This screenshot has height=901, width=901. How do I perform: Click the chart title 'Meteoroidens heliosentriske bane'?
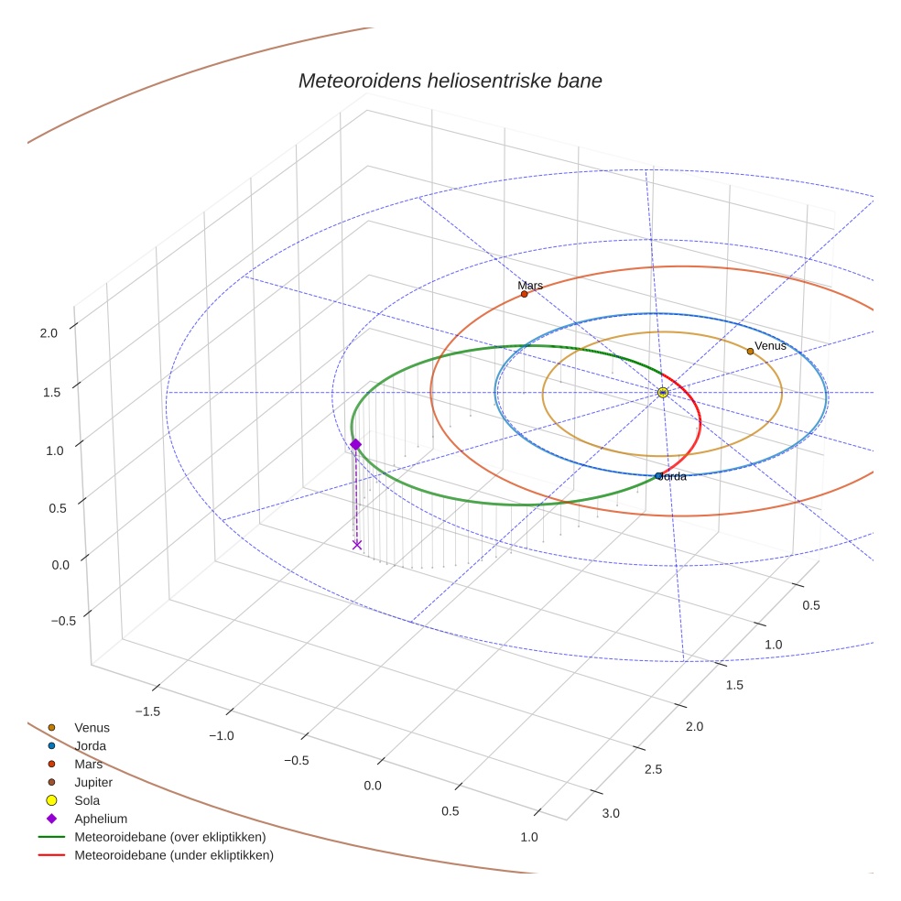click(450, 81)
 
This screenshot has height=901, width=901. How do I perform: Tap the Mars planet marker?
click(524, 294)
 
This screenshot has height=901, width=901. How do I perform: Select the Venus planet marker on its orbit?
click(750, 351)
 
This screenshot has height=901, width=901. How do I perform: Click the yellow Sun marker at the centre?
click(663, 392)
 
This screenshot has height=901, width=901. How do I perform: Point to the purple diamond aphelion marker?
click(355, 444)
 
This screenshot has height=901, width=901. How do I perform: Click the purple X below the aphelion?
click(357, 545)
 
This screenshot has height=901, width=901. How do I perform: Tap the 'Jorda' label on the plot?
click(674, 476)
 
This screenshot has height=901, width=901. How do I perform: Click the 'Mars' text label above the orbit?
click(530, 285)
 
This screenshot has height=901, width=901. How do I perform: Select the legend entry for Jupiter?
click(93, 782)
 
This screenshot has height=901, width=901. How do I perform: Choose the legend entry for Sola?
click(89, 800)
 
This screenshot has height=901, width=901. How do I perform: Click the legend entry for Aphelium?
click(100, 819)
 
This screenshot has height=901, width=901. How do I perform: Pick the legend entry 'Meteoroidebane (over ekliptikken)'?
click(169, 837)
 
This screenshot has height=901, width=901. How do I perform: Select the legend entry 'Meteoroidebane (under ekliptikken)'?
click(173, 855)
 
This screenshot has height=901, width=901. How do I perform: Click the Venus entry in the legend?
click(92, 728)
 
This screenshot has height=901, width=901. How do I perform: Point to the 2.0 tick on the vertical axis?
click(49, 333)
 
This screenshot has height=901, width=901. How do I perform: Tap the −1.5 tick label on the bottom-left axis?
click(149, 711)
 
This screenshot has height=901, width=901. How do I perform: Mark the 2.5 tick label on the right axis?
click(653, 768)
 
